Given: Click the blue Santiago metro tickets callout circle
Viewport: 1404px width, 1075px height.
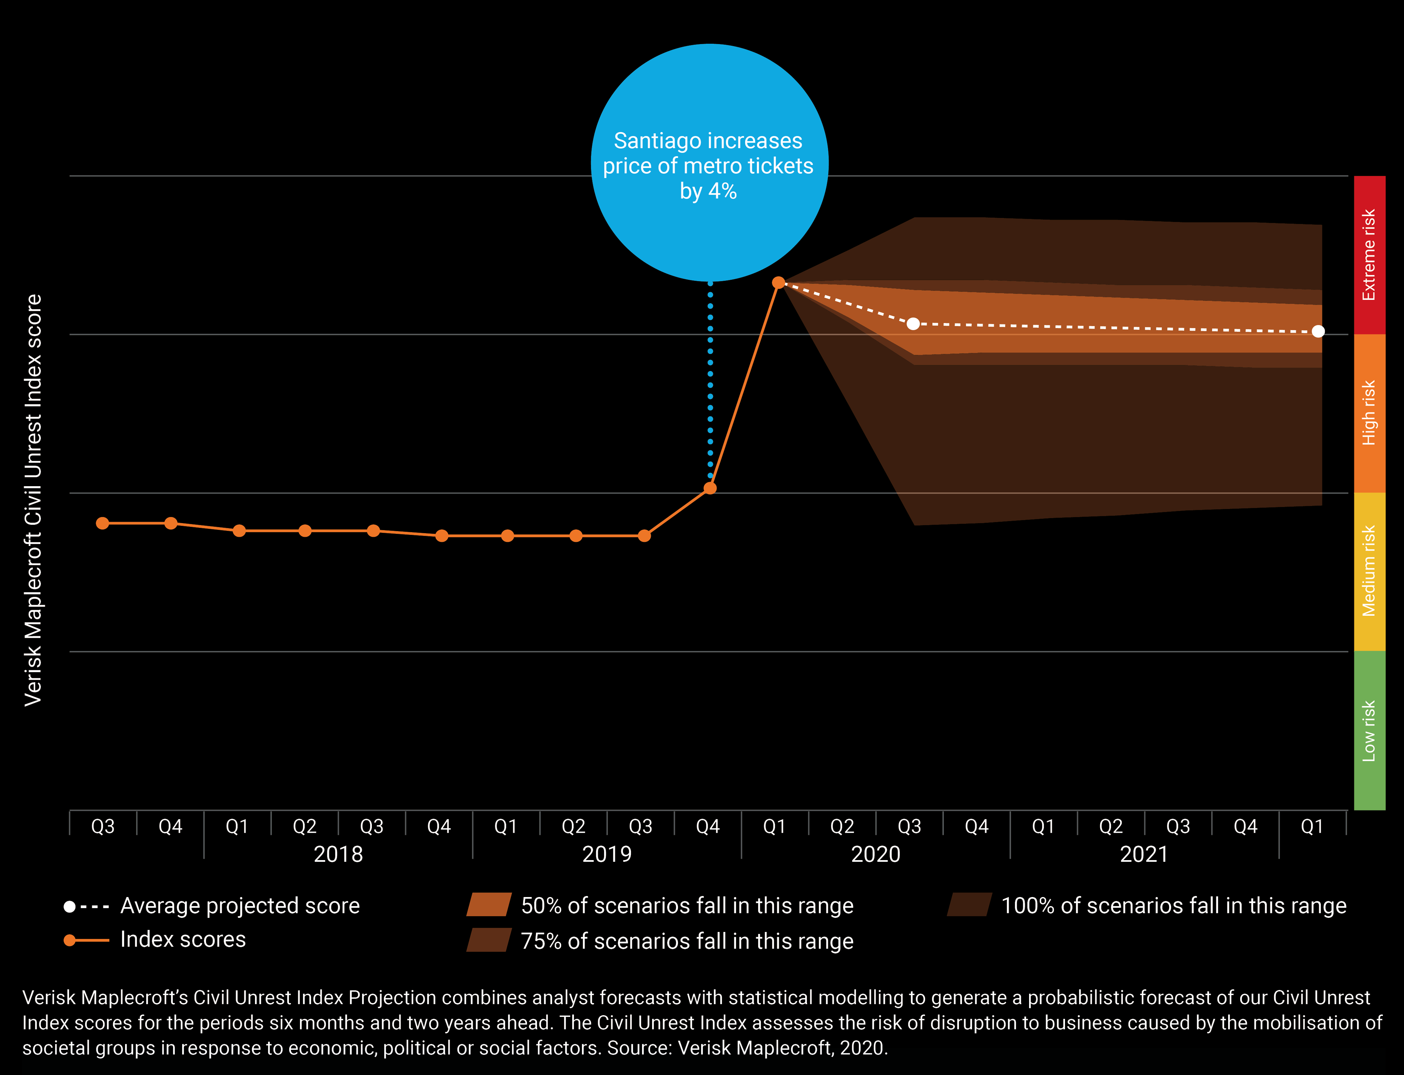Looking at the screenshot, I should [709, 162].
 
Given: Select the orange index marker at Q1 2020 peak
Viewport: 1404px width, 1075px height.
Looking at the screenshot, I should [778, 282].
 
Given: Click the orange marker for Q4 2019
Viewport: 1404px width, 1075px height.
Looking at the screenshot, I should [710, 488].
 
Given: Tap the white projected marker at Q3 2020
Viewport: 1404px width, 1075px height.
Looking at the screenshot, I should [913, 324].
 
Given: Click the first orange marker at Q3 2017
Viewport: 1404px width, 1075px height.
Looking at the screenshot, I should [102, 524].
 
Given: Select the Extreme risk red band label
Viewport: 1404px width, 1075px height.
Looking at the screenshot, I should [1369, 255].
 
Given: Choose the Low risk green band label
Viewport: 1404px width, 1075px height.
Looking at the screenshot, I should [1369, 731].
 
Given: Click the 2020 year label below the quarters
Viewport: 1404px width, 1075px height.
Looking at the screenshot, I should [875, 854].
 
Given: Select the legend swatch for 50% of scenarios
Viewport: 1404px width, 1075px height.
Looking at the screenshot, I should [489, 905].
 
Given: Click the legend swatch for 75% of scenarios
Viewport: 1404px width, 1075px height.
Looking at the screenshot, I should [489, 940].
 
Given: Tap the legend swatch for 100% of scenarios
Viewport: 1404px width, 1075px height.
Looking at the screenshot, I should [970, 905].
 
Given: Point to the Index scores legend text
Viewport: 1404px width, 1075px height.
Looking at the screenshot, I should [183, 939].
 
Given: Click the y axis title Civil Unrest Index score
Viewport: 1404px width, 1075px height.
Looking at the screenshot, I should [33, 500].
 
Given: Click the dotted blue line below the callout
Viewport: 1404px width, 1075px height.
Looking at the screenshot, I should [710, 384].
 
